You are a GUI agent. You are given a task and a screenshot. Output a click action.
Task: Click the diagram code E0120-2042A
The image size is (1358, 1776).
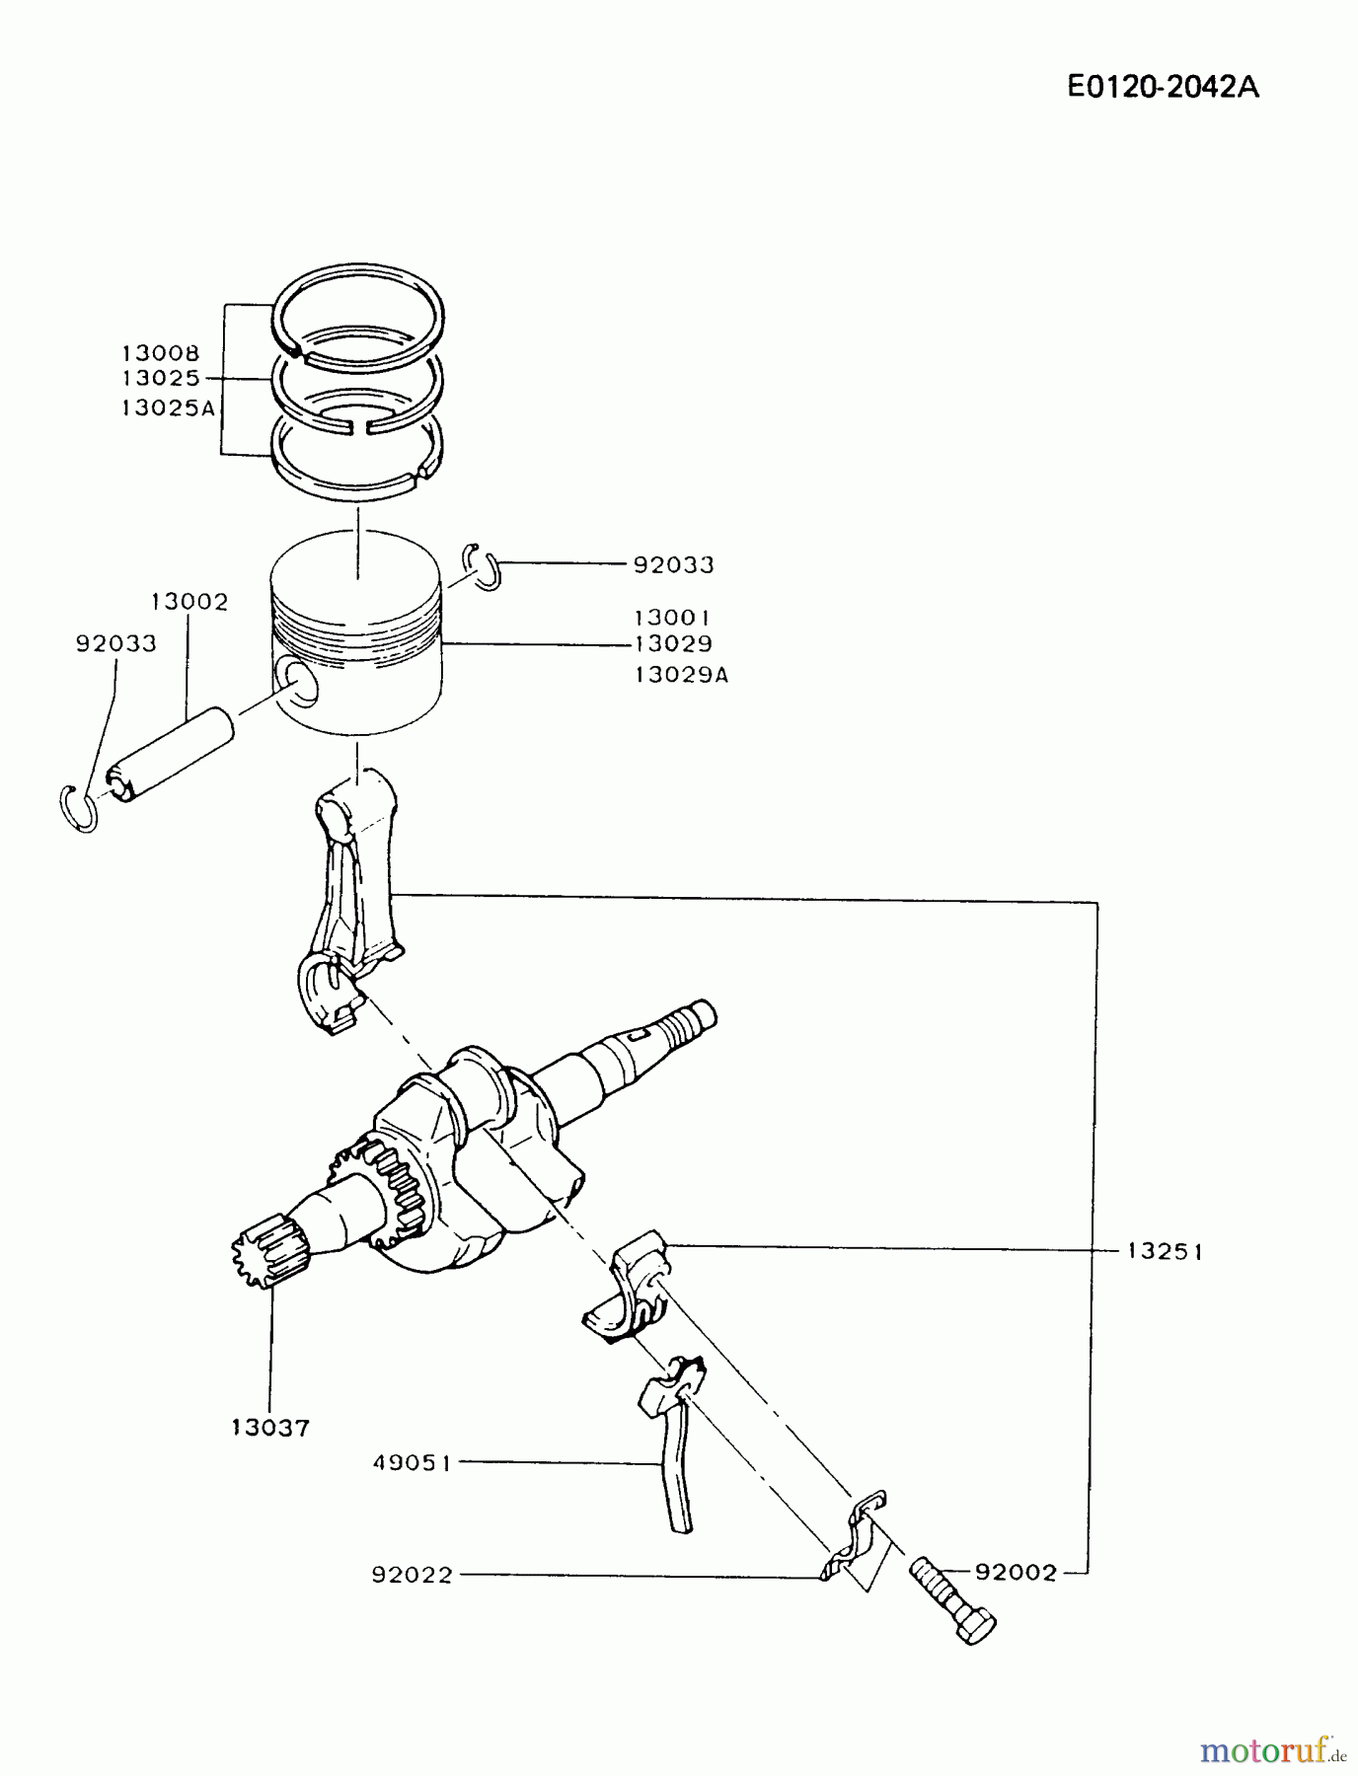[x=1163, y=87]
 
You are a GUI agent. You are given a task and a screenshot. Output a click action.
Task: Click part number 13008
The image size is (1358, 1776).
[x=161, y=352]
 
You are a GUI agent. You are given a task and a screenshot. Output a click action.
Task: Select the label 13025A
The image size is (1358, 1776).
[x=169, y=407]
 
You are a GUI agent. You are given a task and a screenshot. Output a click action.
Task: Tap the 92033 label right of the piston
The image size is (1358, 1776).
[x=673, y=564]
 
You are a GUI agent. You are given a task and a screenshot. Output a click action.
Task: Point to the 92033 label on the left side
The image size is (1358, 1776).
[x=115, y=643]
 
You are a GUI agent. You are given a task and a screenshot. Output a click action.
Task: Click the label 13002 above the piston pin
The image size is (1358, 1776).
[x=189, y=601]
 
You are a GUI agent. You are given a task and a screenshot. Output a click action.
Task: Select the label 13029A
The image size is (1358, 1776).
[x=681, y=675]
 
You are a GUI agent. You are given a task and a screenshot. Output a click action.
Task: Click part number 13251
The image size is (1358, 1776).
[x=1165, y=1251]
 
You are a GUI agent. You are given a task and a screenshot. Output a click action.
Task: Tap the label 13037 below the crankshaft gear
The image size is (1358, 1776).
[x=270, y=1427]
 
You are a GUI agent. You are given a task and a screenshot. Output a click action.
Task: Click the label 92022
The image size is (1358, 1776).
[x=412, y=1575]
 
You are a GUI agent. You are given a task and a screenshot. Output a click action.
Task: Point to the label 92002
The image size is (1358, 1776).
[x=1016, y=1572]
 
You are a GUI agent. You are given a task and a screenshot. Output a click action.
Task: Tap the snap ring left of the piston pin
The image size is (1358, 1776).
[x=77, y=809]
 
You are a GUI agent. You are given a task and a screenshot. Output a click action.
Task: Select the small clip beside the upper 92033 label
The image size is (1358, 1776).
[x=484, y=567]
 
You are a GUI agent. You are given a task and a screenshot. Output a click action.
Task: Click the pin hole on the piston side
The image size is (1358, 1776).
[x=298, y=683]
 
